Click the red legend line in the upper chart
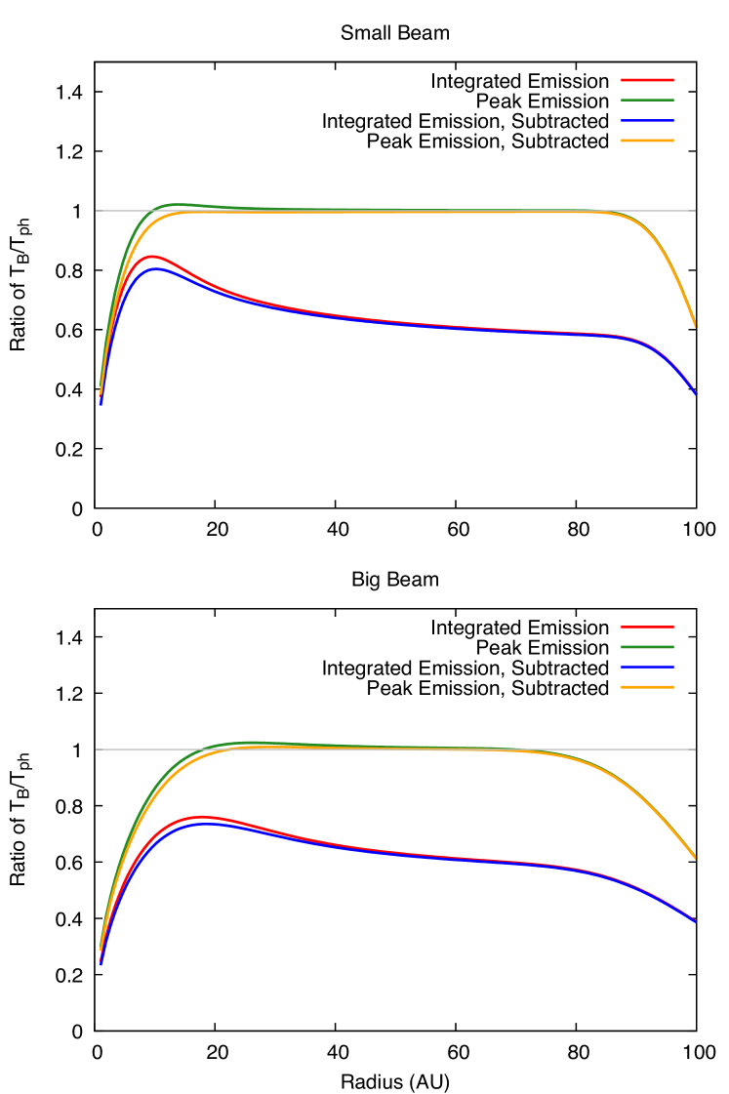647,80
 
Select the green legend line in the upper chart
647,100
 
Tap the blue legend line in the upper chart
647,120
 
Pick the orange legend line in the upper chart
647,141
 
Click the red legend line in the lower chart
647,627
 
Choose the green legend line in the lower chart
647,646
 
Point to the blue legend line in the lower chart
647,667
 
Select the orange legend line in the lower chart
647,687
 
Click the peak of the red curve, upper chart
151,257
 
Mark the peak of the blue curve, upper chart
155,268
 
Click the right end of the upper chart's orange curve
695,326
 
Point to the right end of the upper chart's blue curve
695,393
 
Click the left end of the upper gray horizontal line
96,211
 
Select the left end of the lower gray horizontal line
96,750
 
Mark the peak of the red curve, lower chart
202,817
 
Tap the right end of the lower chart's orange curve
695,859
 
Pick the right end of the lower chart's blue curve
695,922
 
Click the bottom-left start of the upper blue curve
101,402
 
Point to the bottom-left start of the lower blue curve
101,962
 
